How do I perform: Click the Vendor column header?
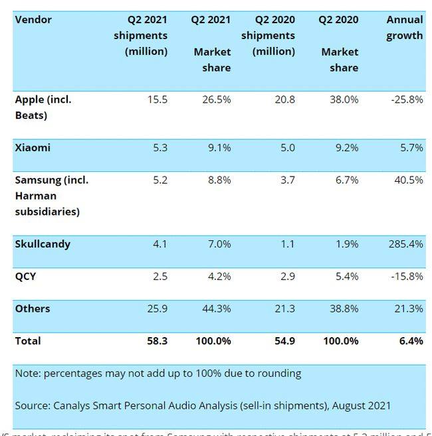click(33, 20)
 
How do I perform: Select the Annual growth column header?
click(404, 28)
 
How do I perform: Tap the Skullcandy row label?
click(43, 244)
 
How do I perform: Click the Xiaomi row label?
click(33, 148)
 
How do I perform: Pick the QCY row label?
click(25, 276)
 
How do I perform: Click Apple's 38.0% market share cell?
click(344, 100)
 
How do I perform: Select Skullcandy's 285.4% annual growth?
click(406, 244)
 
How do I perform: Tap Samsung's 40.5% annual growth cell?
click(409, 180)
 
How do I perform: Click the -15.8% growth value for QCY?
click(406, 276)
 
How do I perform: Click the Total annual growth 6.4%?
click(411, 341)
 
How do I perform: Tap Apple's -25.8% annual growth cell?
click(406, 100)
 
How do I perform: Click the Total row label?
click(28, 341)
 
